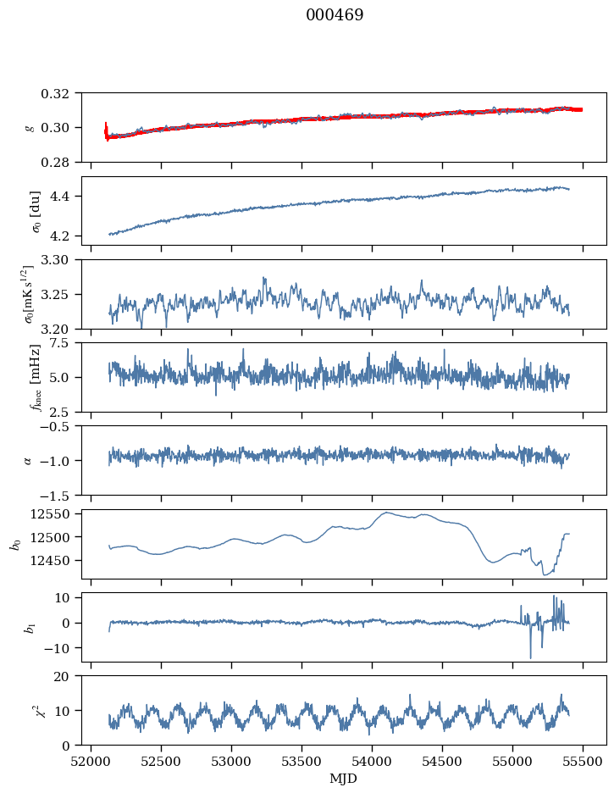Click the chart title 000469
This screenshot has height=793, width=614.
coord(335,15)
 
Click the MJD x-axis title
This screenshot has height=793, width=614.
coord(344,779)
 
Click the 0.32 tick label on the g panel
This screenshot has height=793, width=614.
coord(62,93)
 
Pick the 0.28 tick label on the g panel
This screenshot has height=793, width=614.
coord(62,162)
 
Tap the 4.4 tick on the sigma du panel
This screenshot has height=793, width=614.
coord(67,197)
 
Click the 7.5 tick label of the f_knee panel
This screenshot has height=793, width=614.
coord(65,342)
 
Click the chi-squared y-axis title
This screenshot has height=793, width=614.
coord(29,710)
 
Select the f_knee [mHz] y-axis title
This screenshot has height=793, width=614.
coord(36,377)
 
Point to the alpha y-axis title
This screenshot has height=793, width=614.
coord(29,460)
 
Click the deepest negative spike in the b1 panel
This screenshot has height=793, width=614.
coord(531,658)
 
